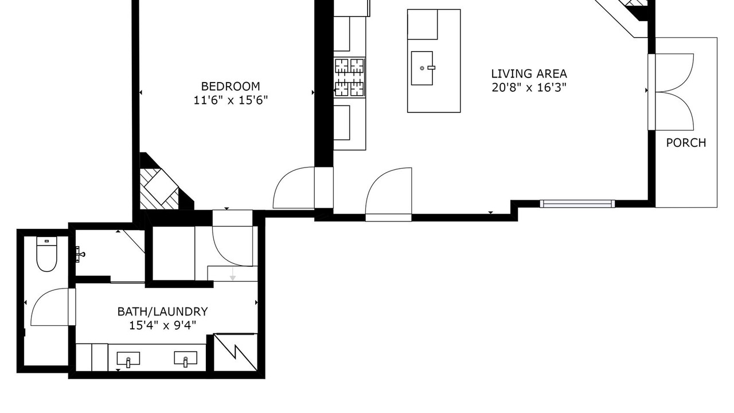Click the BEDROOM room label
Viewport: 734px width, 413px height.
click(x=231, y=86)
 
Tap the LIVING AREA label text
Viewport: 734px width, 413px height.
click(x=529, y=74)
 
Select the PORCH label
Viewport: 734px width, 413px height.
click(x=686, y=143)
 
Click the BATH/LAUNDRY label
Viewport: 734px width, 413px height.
click(x=162, y=311)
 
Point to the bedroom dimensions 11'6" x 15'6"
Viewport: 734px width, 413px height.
click(x=231, y=100)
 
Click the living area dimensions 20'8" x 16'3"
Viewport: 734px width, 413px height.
click(x=529, y=88)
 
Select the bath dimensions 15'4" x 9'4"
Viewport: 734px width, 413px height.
click(x=162, y=325)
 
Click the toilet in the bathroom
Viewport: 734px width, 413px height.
click(x=46, y=254)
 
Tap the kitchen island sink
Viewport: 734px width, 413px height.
click(x=422, y=68)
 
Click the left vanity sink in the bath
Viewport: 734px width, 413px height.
click(x=128, y=359)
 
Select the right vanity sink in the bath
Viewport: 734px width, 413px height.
click(x=185, y=359)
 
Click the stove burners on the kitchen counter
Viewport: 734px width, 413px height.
click(x=350, y=77)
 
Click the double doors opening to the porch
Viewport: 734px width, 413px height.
click(x=671, y=92)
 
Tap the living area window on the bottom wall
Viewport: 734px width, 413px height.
click(x=577, y=204)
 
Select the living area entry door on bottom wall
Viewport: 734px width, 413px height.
click(x=389, y=194)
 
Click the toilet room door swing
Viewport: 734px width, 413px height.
click(x=50, y=307)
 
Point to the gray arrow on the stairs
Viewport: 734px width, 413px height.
click(x=233, y=274)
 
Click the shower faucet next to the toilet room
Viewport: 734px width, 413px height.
click(x=80, y=254)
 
